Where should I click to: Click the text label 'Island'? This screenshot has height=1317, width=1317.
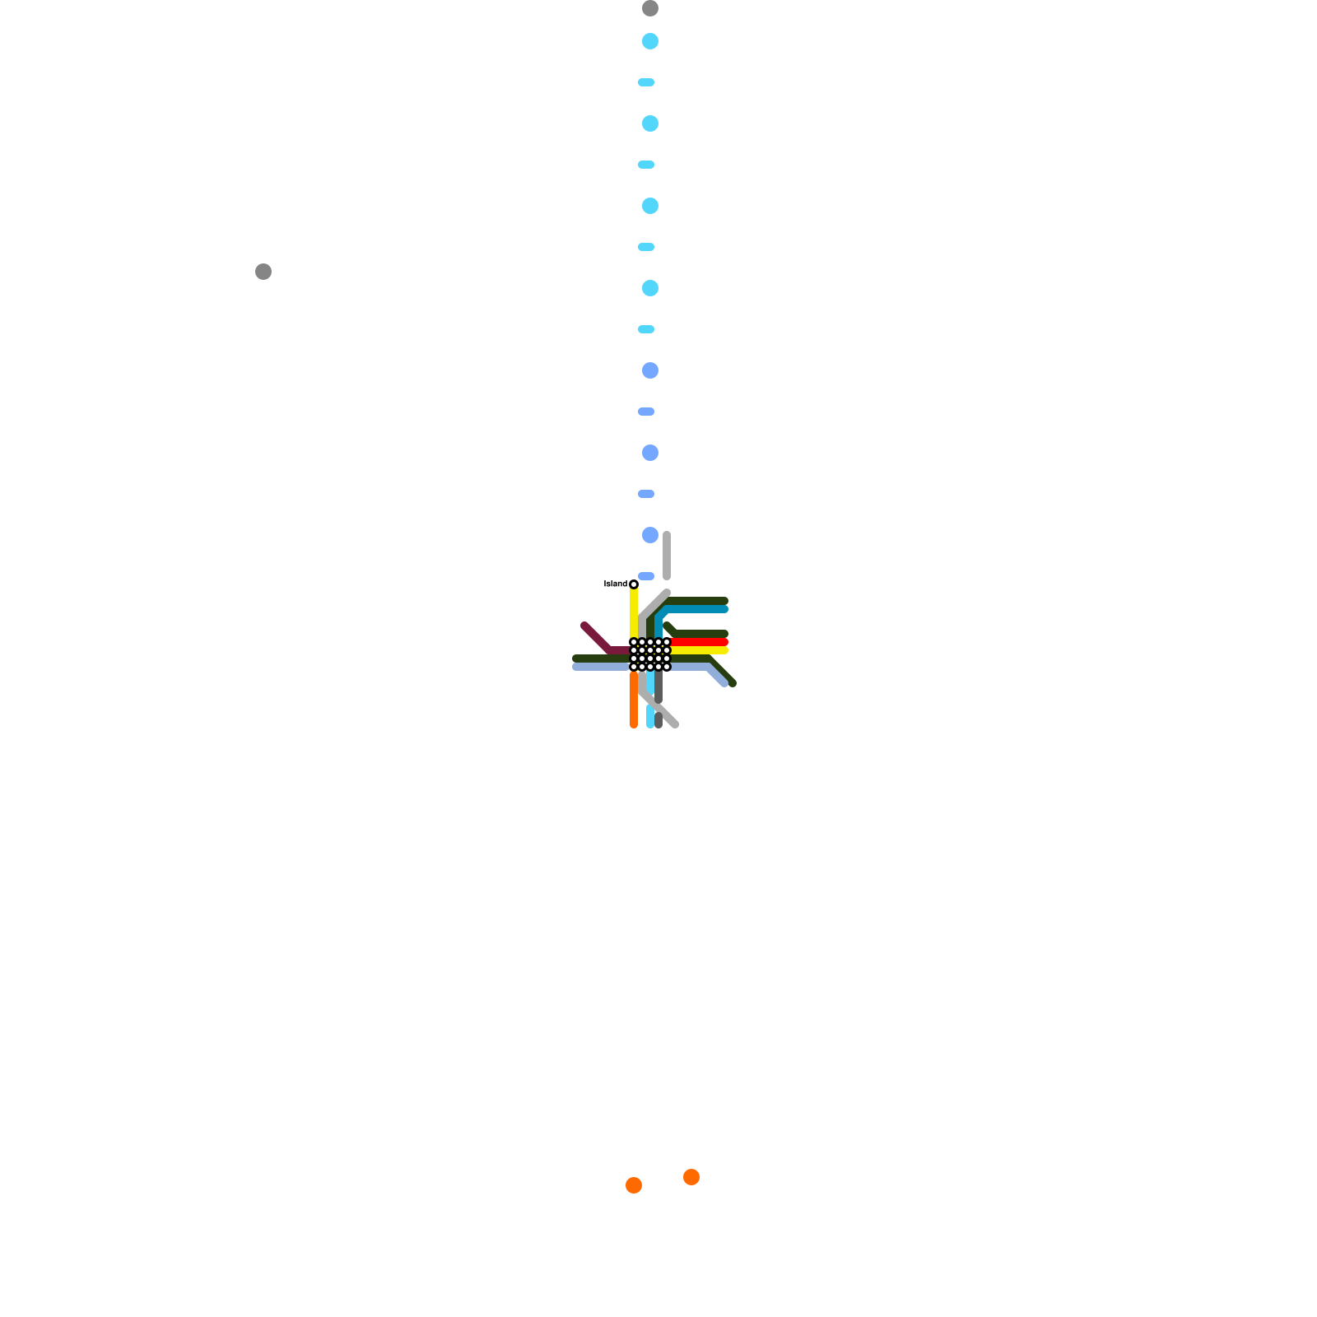(615, 584)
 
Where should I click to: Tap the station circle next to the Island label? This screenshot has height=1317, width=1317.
(634, 584)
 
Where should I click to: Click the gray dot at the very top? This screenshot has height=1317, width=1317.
(650, 8)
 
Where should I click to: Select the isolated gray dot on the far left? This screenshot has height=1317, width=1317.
(263, 272)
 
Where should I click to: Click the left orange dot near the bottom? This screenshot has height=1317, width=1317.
(634, 1185)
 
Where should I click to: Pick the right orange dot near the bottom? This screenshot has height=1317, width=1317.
(691, 1177)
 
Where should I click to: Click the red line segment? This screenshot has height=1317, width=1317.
(700, 642)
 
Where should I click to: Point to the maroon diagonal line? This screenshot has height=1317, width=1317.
(596, 637)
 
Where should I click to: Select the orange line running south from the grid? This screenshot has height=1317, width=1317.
(634, 700)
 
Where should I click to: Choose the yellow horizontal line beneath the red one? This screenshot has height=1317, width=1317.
(700, 650)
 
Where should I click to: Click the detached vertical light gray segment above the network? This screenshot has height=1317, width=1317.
(667, 556)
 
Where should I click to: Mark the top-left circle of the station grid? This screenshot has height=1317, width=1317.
(634, 642)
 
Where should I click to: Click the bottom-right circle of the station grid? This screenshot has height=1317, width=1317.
(667, 667)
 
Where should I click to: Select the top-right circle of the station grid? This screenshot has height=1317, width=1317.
(667, 642)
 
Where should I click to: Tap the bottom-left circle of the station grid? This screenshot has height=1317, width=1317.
(634, 667)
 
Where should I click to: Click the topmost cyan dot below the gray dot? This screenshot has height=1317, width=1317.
(650, 41)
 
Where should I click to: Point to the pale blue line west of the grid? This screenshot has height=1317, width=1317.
(601, 667)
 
